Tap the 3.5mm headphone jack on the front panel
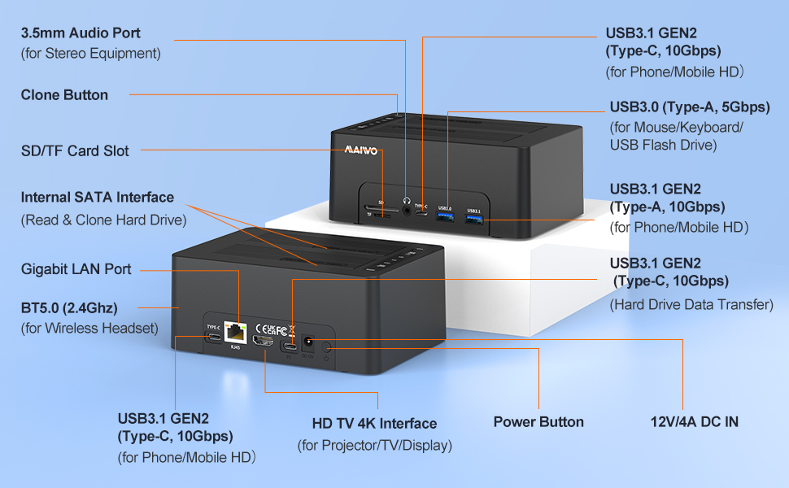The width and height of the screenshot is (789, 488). pyautogui.click(x=405, y=198)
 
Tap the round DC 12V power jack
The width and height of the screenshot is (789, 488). pyautogui.click(x=309, y=344)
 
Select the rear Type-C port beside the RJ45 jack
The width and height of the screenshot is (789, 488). pyautogui.click(x=213, y=339)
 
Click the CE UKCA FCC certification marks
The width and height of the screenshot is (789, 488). pyautogui.click(x=270, y=329)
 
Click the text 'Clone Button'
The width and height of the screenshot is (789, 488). pyautogui.click(x=64, y=95)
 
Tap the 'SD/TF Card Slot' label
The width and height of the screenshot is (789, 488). pyautogui.click(x=75, y=150)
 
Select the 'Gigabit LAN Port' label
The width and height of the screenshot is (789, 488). pyautogui.click(x=76, y=269)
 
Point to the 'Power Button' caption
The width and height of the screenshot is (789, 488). pyautogui.click(x=538, y=422)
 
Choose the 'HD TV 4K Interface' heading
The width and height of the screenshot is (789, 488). pyautogui.click(x=374, y=424)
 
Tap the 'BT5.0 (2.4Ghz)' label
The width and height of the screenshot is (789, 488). pyautogui.click(x=69, y=308)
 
